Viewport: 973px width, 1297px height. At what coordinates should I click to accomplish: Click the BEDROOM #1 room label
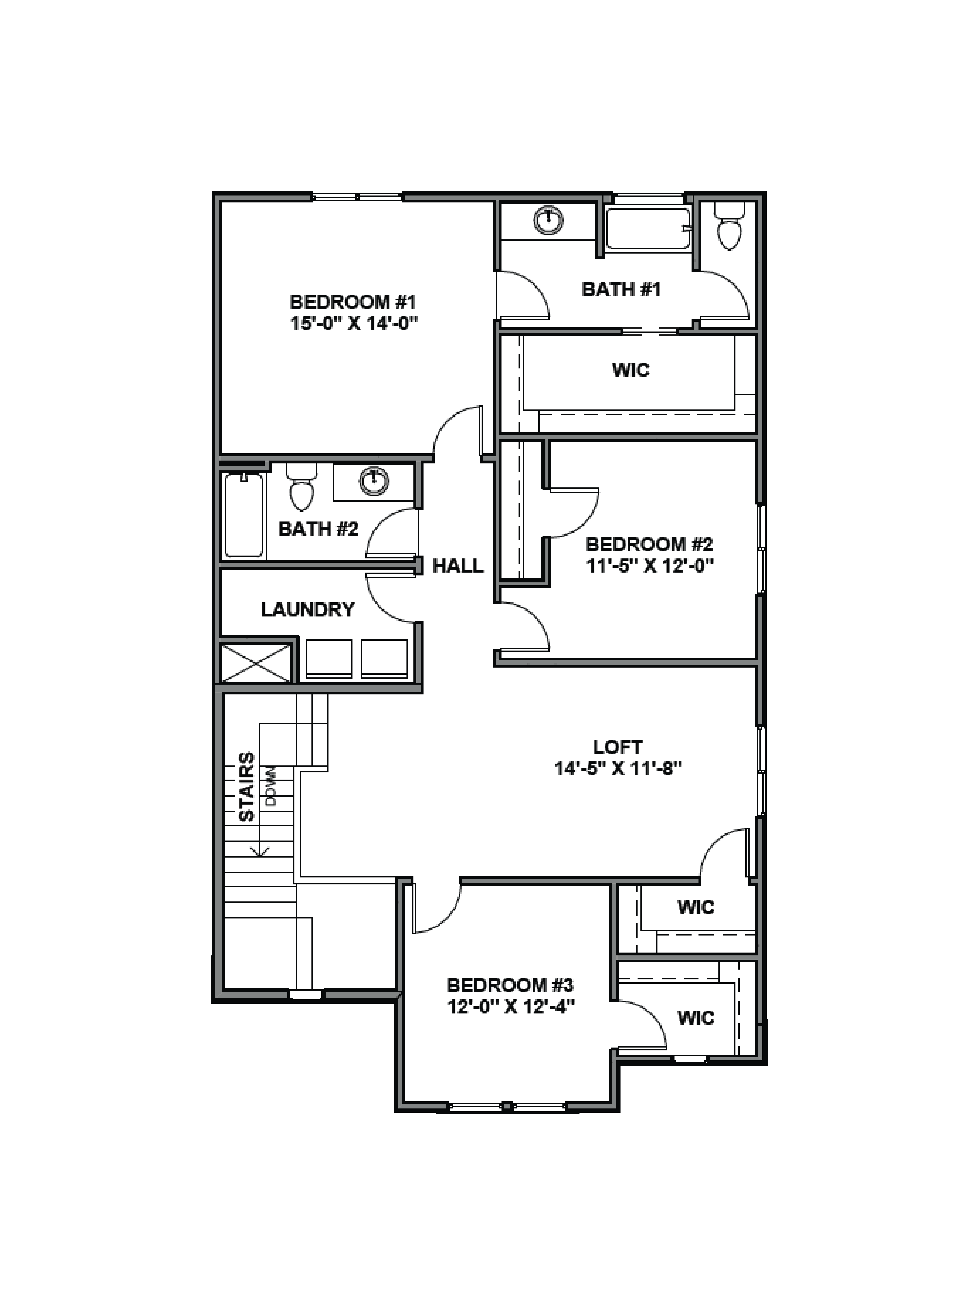(x=353, y=302)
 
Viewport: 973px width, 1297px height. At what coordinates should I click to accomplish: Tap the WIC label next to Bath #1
(x=631, y=370)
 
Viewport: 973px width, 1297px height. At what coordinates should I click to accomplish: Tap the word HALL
(x=458, y=566)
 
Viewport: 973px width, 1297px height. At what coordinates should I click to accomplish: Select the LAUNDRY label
(x=308, y=610)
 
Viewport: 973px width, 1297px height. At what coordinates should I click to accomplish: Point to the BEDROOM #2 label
(x=649, y=545)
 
